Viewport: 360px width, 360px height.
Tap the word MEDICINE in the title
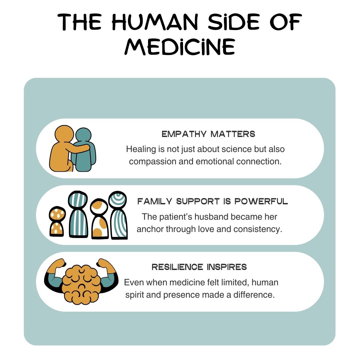180,47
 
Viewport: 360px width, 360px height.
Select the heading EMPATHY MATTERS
208,134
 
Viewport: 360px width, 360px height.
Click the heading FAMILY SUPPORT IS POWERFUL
212,201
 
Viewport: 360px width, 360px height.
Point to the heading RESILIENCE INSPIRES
199,267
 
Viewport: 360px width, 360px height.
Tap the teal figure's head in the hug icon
83,135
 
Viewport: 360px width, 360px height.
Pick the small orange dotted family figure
57,221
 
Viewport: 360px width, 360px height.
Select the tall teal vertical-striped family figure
78,214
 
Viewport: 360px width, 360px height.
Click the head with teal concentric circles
117,200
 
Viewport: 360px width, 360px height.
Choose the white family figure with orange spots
100,219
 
